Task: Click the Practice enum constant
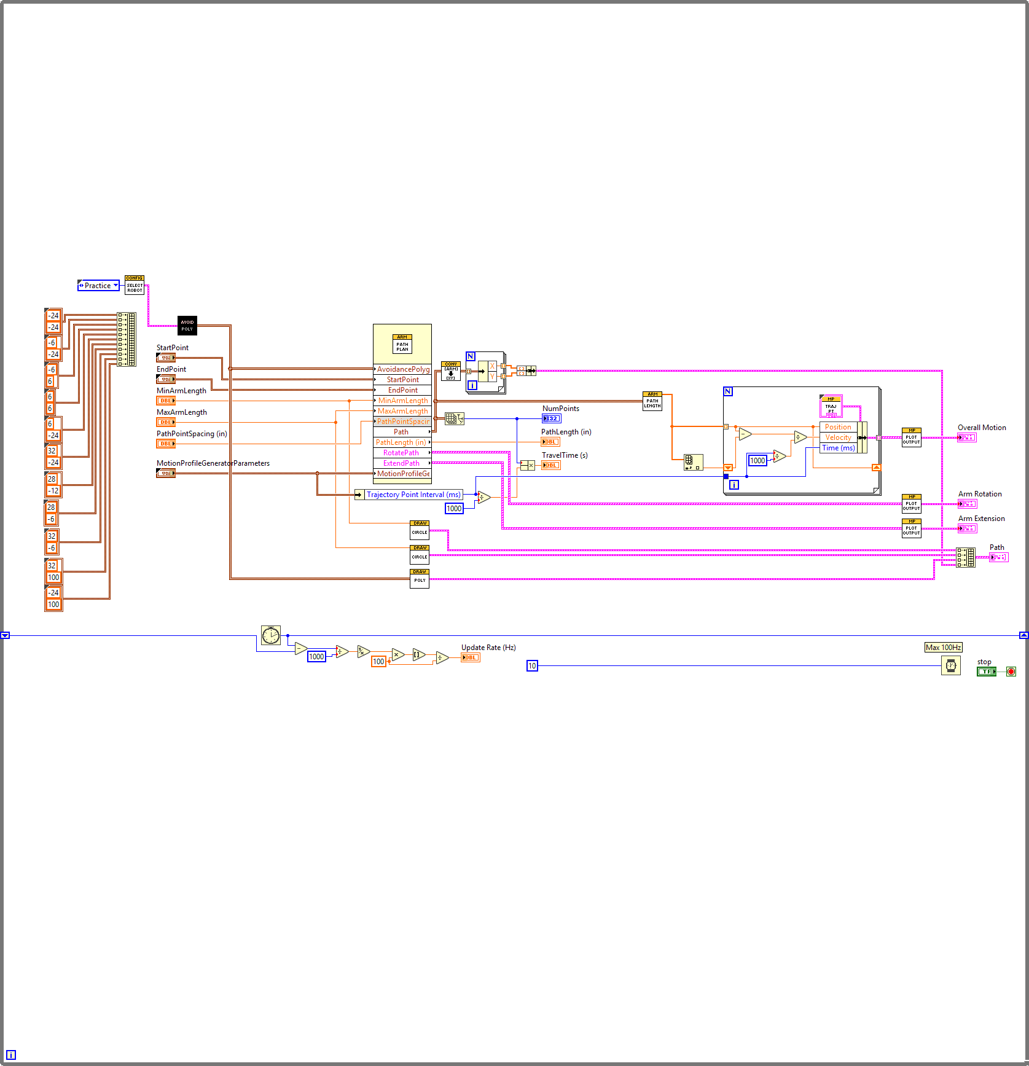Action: pyautogui.click(x=98, y=286)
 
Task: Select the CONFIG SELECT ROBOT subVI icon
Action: pyautogui.click(x=135, y=285)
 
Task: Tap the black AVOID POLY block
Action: pyautogui.click(x=187, y=326)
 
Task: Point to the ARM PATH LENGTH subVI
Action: pyautogui.click(x=652, y=401)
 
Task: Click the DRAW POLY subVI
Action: pyautogui.click(x=420, y=578)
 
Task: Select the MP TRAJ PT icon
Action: pyautogui.click(x=831, y=406)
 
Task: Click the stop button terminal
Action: pyautogui.click(x=987, y=672)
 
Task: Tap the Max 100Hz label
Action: pyautogui.click(x=943, y=648)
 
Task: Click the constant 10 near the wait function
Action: pyautogui.click(x=532, y=666)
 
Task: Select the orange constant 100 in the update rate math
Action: pyautogui.click(x=378, y=662)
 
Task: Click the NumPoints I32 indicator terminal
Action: pyautogui.click(x=551, y=418)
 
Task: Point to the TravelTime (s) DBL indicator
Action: pyautogui.click(x=550, y=465)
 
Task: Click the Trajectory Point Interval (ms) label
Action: pyautogui.click(x=413, y=495)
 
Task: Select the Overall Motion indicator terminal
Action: pyautogui.click(x=966, y=437)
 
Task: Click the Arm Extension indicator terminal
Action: pyautogui.click(x=967, y=528)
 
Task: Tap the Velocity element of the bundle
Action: pyautogui.click(x=838, y=437)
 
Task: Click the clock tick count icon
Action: pyautogui.click(x=271, y=635)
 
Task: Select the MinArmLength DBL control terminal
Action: pyautogui.click(x=166, y=401)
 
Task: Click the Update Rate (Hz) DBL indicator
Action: pyautogui.click(x=470, y=657)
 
